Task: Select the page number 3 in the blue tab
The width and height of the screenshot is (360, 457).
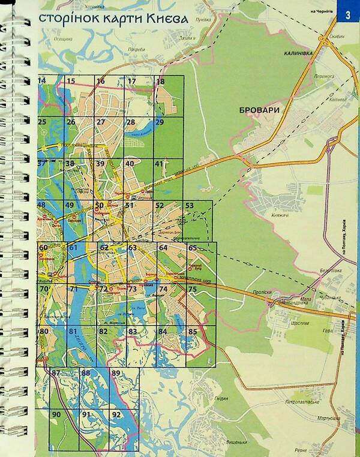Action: click(347, 14)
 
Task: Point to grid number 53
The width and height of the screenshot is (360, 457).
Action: click(190, 206)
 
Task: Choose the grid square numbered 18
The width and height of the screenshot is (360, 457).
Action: click(160, 82)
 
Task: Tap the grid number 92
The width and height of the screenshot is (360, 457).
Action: click(116, 414)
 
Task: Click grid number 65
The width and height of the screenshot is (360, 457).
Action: click(193, 248)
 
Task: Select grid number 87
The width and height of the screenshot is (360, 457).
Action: click(56, 373)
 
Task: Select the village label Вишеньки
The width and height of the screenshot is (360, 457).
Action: click(237, 443)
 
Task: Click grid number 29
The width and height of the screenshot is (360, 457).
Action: click(160, 122)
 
